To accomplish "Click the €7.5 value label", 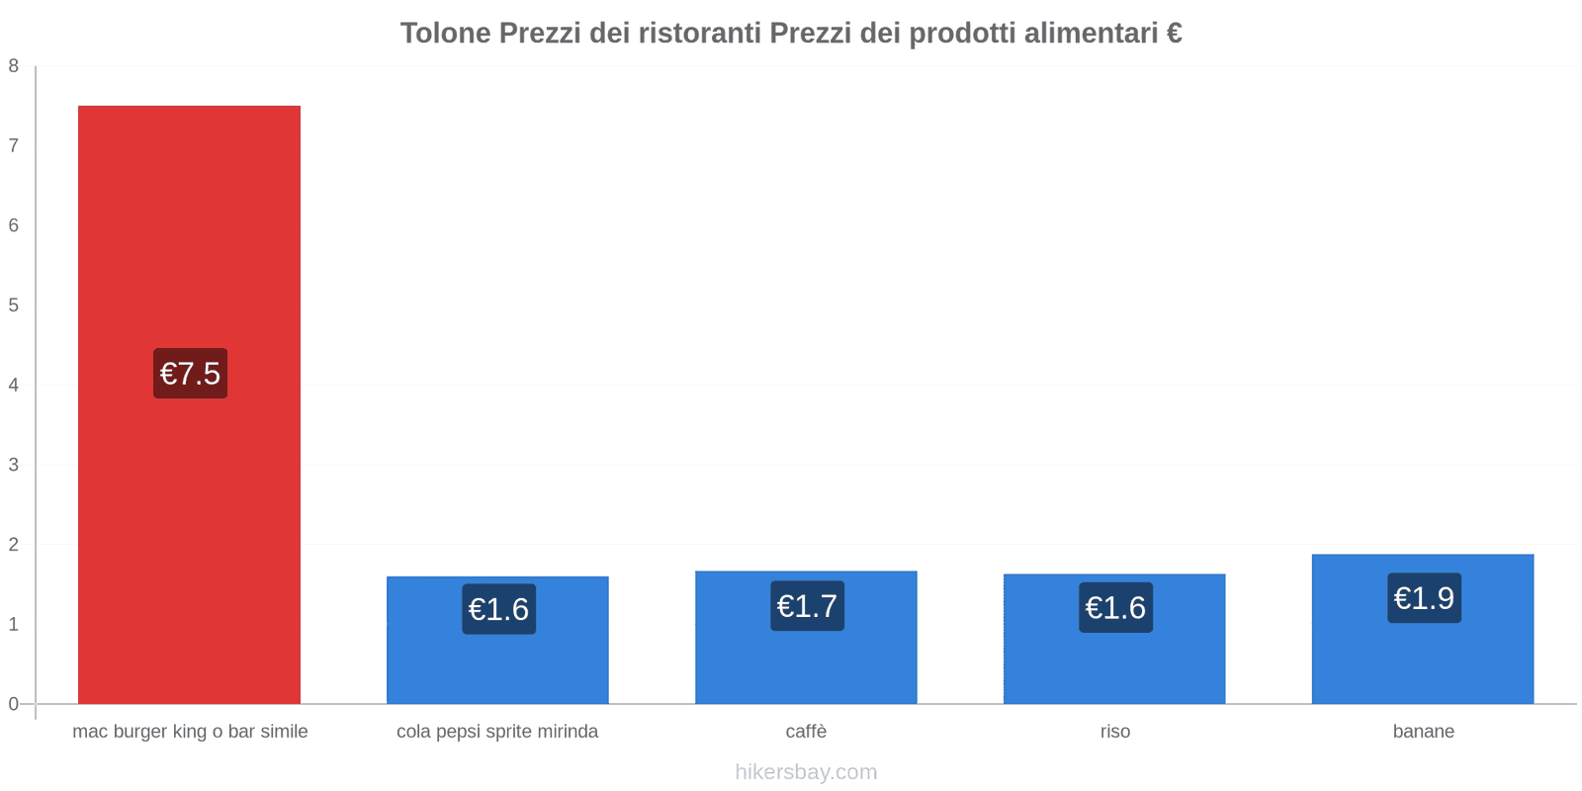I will point(190,374).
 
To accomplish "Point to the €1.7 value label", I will point(807,606).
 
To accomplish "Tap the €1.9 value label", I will point(1424,598).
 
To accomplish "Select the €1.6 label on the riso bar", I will point(1115,608).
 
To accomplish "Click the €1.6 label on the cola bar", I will point(498,609).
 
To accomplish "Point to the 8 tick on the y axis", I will point(14,66).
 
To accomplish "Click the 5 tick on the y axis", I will point(14,306).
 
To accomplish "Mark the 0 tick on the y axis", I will point(14,704).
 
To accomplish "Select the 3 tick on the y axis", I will point(14,465).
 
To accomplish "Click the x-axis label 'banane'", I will point(1423,732).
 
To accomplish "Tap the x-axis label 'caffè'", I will point(806,732).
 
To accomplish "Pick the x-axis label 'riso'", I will point(1114,732).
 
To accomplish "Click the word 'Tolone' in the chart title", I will point(445,34).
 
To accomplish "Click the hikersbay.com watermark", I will point(806,772).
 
